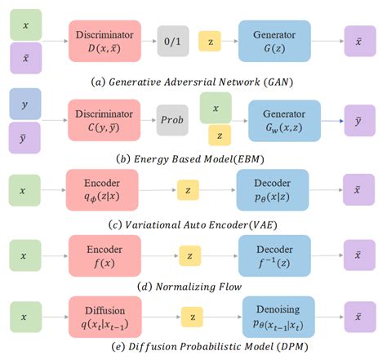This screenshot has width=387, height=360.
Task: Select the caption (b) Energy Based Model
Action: [x=193, y=159]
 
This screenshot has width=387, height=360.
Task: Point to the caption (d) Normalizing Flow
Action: [x=193, y=286]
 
